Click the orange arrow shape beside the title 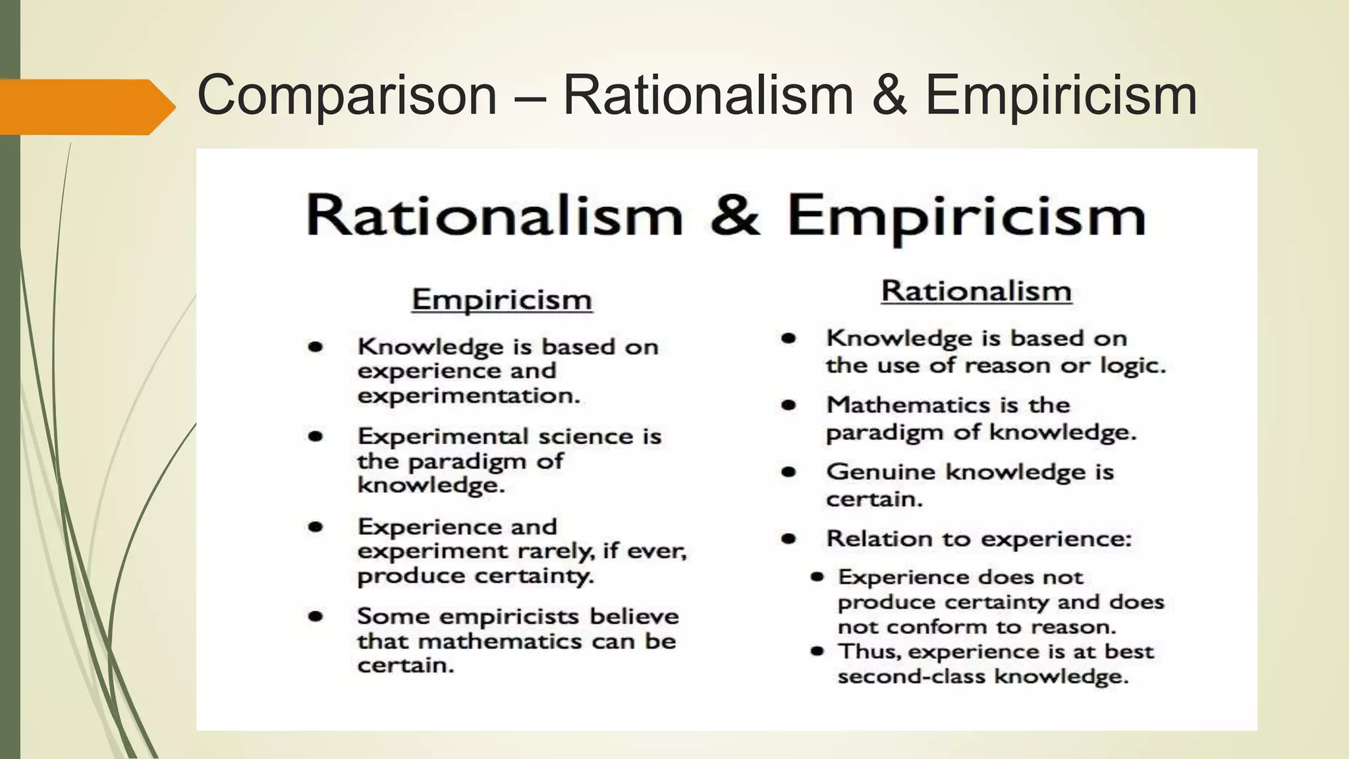(86, 107)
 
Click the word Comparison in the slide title (346, 96)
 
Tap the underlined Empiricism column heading (502, 300)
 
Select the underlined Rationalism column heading (976, 291)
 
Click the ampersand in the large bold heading (734, 215)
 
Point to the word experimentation (468, 396)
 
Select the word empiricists (510, 617)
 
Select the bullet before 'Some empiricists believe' (316, 617)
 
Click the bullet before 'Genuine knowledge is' (788, 472)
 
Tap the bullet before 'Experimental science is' (316, 436)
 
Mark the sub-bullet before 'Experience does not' (817, 577)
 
